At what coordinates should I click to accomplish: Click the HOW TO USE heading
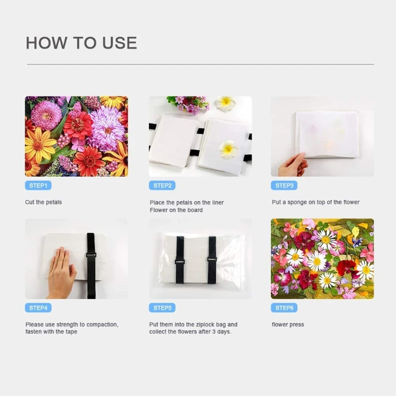(81, 43)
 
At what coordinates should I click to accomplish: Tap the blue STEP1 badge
(38, 186)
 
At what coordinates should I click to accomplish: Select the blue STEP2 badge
(162, 186)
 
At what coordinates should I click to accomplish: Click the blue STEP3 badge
(284, 186)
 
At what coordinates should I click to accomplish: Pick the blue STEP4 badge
(38, 308)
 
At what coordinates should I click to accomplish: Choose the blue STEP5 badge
(162, 308)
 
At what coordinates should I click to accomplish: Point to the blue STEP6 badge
(284, 308)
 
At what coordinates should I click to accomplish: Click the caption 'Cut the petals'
(44, 202)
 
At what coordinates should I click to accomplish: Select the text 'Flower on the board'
(176, 210)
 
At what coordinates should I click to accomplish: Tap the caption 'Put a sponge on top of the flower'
(315, 202)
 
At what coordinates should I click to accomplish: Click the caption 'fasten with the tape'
(51, 332)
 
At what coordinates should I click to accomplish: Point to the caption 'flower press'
(288, 325)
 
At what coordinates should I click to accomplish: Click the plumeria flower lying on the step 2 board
(229, 148)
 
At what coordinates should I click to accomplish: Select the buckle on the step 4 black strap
(91, 255)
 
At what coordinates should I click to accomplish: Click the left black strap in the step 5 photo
(180, 260)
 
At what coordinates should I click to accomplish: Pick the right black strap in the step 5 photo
(212, 260)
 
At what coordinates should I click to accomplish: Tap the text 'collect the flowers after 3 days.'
(190, 332)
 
